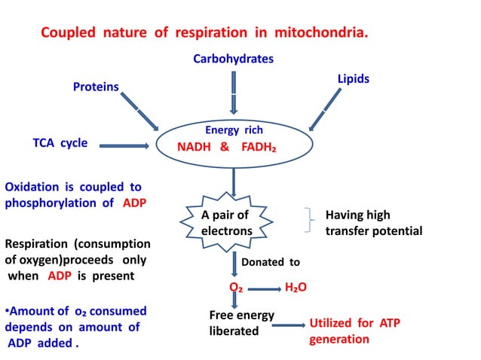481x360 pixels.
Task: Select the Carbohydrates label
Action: [233, 59]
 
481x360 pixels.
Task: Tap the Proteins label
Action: [96, 87]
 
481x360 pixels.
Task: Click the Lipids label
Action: [353, 78]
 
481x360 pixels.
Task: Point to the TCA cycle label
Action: [60, 143]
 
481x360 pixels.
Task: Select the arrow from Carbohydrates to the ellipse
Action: [234, 92]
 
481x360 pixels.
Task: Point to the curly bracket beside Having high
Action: [309, 223]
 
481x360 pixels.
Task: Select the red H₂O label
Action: [296, 288]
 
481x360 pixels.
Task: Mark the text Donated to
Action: [270, 262]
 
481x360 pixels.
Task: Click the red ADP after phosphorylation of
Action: [134, 203]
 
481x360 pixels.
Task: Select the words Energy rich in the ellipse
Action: [234, 130]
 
